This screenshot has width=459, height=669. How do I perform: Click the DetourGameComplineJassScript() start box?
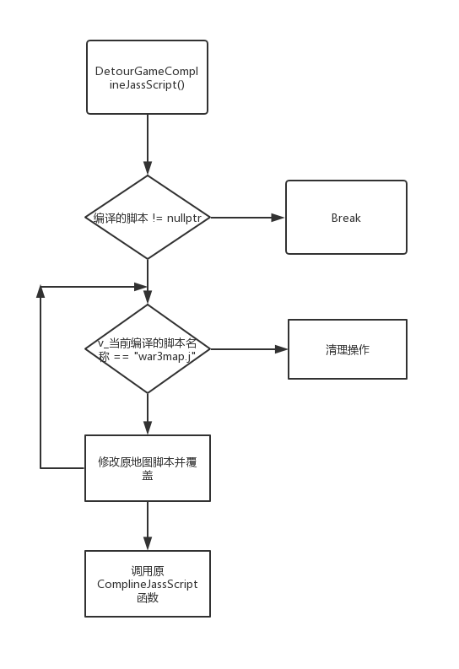pyautogui.click(x=147, y=78)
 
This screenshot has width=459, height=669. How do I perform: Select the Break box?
pyautogui.click(x=346, y=217)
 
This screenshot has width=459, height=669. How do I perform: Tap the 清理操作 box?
pyautogui.click(x=348, y=349)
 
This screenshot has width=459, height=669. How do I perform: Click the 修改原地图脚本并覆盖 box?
pyautogui.click(x=148, y=468)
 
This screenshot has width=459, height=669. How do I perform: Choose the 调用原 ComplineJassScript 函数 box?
pyautogui.click(x=148, y=584)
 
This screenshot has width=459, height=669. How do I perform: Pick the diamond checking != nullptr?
pyautogui.click(x=148, y=217)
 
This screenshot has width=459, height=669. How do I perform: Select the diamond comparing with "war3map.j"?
pyautogui.click(x=148, y=348)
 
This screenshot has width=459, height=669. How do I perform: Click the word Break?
pyautogui.click(x=346, y=218)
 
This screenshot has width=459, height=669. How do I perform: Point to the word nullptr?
pyautogui.click(x=184, y=219)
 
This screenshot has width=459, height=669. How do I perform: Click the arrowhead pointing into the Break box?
pyautogui.click(x=278, y=218)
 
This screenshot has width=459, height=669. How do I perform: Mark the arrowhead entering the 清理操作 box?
pyautogui.click(x=282, y=349)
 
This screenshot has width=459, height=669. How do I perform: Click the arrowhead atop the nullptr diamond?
pyautogui.click(x=148, y=168)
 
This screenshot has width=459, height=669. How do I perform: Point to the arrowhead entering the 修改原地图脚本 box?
pyautogui.click(x=148, y=428)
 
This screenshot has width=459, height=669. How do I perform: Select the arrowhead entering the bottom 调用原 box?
pyautogui.click(x=148, y=543)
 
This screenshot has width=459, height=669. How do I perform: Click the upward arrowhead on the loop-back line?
pyautogui.click(x=40, y=291)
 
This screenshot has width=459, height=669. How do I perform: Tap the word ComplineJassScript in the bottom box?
pyautogui.click(x=148, y=584)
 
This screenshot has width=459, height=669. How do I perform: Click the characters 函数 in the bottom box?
pyautogui.click(x=148, y=597)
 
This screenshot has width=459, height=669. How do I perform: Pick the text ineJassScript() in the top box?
pyautogui.click(x=147, y=84)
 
